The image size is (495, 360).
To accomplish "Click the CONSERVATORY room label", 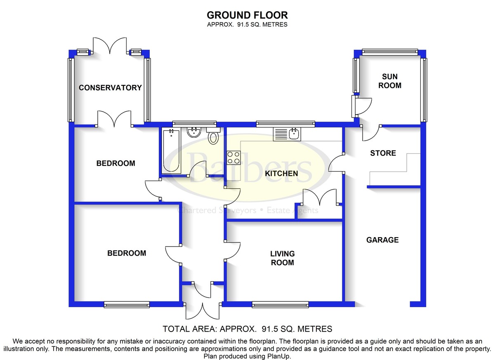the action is [x=110, y=88].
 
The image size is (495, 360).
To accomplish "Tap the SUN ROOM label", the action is [x=390, y=81].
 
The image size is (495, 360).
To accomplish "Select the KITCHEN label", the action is [x=281, y=174].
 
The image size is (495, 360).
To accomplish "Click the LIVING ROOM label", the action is [x=283, y=258].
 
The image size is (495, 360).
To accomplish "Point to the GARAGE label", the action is [x=382, y=240].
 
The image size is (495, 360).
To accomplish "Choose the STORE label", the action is [x=383, y=153].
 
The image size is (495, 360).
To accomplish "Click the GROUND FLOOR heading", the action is [x=247, y=15].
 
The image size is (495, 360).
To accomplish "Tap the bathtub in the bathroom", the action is [x=171, y=151].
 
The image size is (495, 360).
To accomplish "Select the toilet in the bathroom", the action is [x=213, y=135].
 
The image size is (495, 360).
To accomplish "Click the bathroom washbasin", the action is [x=194, y=132].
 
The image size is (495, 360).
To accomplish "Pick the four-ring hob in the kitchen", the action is [x=233, y=158].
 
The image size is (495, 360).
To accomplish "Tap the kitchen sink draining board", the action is [x=280, y=134].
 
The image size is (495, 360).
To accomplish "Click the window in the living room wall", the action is [x=280, y=305].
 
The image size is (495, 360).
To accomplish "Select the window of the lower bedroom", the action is [x=127, y=305].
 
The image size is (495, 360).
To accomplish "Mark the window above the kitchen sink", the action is [x=285, y=124].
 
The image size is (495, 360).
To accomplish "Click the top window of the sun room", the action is [x=390, y=52].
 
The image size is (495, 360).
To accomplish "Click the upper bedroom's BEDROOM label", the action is [x=115, y=163].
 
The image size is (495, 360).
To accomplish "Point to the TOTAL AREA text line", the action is [x=247, y=329].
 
